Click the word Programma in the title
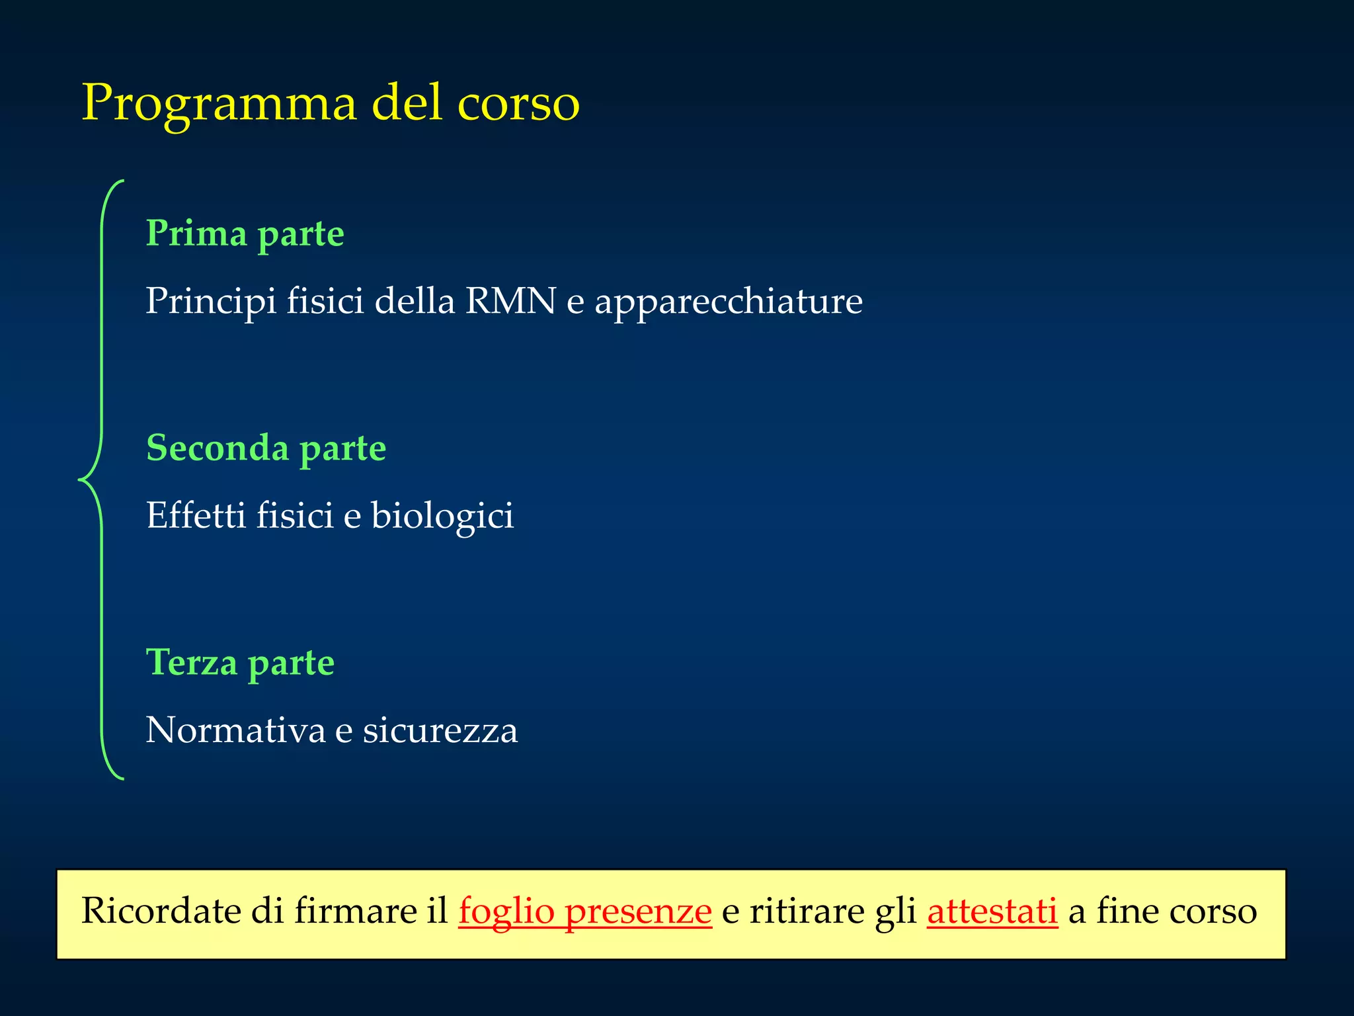pos(218,105)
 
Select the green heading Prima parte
pos(245,234)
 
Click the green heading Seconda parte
pos(266,448)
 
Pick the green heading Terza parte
pos(240,663)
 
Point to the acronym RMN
pos(510,301)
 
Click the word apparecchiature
pos(729,302)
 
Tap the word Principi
pos(211,302)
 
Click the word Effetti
pos(196,515)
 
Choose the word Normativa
pos(235,730)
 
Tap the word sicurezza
pos(440,730)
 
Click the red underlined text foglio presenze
pos(585,911)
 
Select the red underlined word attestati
pos(992,911)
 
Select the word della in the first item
pos(415,301)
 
